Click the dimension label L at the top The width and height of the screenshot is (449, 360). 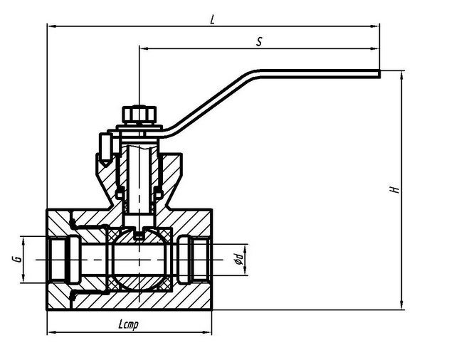pyautogui.click(x=213, y=19)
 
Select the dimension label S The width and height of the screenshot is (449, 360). pyautogui.click(x=260, y=42)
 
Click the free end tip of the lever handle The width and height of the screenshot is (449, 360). pyautogui.click(x=377, y=71)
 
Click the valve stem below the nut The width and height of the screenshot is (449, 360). pyautogui.click(x=139, y=171)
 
